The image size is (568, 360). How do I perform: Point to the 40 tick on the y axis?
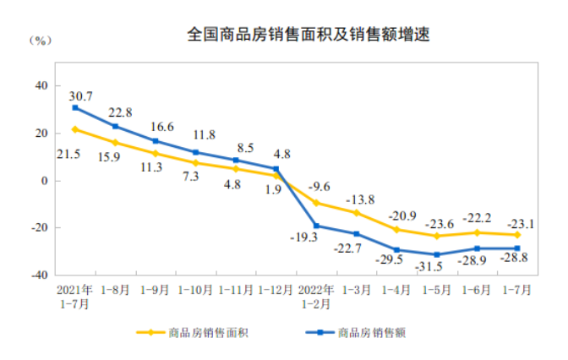click(x=41, y=85)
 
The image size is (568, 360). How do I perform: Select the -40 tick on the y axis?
click(x=38, y=275)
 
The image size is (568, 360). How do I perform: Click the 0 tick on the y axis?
click(x=45, y=180)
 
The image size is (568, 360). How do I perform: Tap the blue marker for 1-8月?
click(x=115, y=126)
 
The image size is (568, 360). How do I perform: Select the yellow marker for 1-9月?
click(x=156, y=153)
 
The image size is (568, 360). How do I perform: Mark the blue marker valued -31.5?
click(x=436, y=254)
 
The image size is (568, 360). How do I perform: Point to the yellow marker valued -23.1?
click(x=516, y=235)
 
